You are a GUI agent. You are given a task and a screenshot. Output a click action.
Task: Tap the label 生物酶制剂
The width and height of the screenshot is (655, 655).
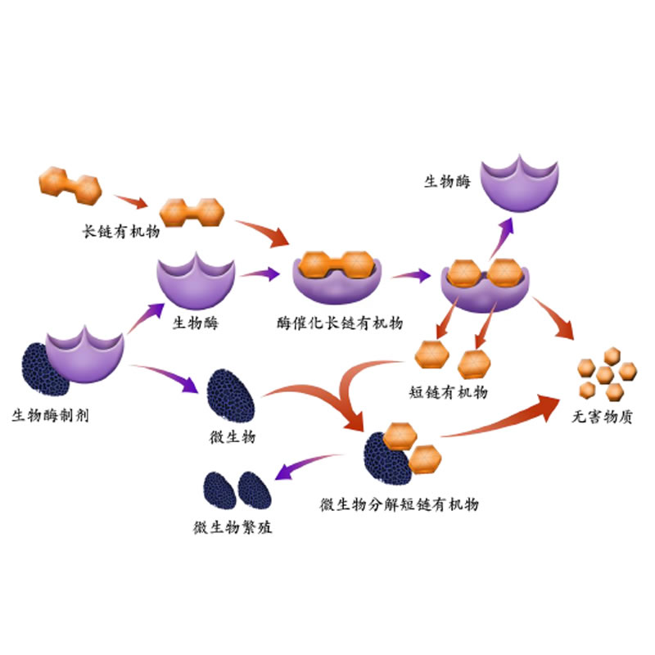50,415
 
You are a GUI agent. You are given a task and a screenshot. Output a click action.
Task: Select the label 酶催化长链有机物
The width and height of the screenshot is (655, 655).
339,323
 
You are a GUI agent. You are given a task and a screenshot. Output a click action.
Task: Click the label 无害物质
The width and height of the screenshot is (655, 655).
603,416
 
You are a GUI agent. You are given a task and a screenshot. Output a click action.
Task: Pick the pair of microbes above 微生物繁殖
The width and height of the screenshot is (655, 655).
237,490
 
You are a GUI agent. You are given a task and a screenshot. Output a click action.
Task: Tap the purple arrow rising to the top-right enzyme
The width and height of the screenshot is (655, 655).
500,237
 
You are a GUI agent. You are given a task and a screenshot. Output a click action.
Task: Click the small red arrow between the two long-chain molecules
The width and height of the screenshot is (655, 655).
130,201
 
